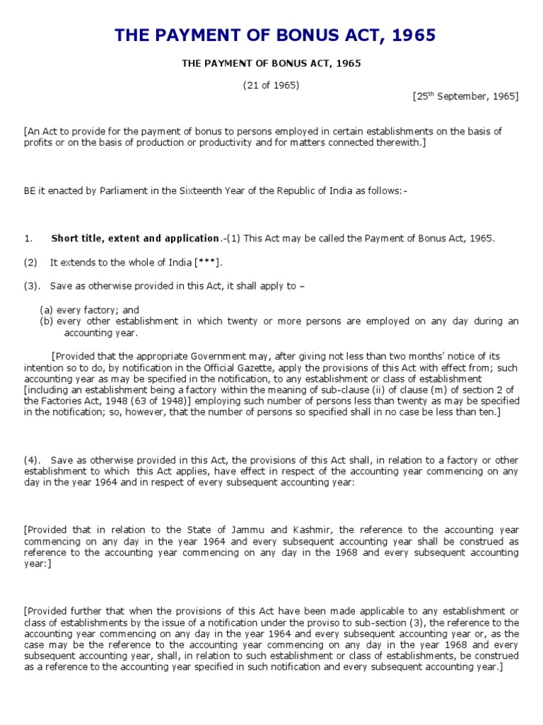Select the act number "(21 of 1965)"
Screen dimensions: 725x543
click(271, 85)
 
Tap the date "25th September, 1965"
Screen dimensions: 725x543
click(466, 96)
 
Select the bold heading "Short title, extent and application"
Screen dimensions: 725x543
click(135, 238)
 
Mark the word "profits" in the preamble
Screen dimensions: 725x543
click(37, 142)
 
